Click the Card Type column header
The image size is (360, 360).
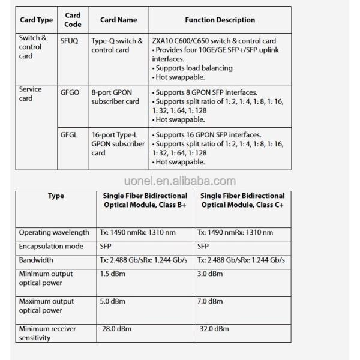[36, 20]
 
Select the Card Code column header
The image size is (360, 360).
[72, 20]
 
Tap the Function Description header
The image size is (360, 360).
[220, 20]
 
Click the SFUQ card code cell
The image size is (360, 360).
[69, 41]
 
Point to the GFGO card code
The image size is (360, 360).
[70, 93]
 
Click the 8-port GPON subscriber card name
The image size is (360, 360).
[116, 97]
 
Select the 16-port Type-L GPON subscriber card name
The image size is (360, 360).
[118, 143]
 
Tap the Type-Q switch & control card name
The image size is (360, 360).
[118, 46]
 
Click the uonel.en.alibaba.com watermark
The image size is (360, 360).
[180, 181]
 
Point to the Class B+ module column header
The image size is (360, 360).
[143, 200]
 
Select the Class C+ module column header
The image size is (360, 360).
[242, 200]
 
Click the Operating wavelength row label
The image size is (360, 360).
[54, 232]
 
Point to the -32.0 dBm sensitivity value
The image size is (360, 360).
[213, 329]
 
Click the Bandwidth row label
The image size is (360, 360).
[36, 260]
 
